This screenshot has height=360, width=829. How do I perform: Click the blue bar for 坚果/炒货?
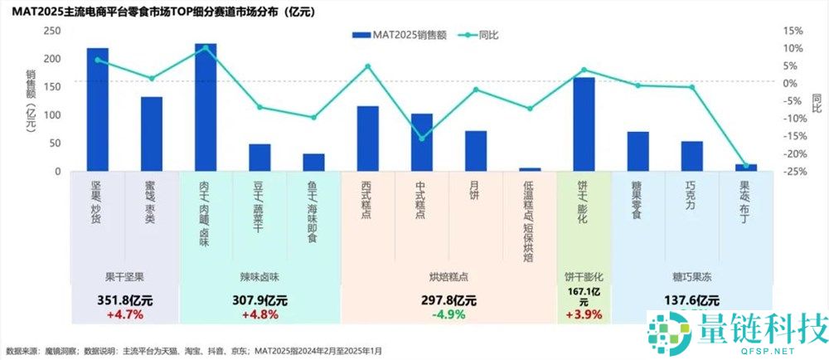pos(98,109)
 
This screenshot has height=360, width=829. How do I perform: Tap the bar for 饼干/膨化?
pos(584,124)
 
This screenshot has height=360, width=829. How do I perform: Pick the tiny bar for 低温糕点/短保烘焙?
pos(530,169)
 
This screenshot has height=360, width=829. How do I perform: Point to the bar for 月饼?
pos(476,151)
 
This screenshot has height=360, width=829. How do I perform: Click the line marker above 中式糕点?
pos(422,139)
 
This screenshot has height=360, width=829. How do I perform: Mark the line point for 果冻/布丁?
pos(745,166)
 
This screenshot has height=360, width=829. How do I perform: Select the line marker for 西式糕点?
pos(368,66)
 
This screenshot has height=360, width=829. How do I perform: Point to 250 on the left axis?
pos(51,30)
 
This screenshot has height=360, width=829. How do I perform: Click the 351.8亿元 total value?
pos(124,300)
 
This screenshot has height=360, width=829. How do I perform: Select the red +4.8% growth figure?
pos(259,315)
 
